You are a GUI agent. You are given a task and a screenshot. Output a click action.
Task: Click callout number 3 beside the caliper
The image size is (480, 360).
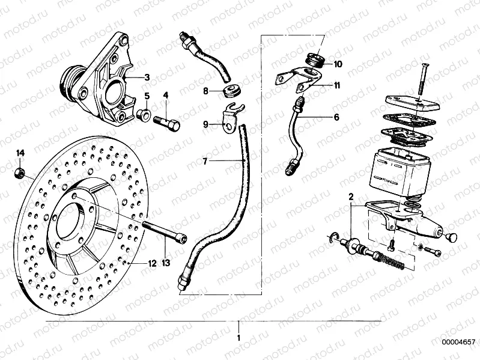pyautogui.click(x=147, y=78)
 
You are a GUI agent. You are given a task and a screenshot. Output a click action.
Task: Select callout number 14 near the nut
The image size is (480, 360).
pyautogui.click(x=20, y=153)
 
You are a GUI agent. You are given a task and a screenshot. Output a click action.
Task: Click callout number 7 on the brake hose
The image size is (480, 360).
pyautogui.click(x=205, y=162)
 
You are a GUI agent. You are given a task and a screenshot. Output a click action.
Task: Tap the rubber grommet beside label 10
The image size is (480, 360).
pyautogui.click(x=317, y=60)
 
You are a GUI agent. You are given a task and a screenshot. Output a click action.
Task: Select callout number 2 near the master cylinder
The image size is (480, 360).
pyautogui.click(x=351, y=195)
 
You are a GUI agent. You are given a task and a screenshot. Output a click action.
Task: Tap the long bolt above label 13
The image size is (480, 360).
pyautogui.click(x=165, y=232)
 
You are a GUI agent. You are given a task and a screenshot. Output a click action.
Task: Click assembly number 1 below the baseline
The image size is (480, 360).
pyautogui.click(x=239, y=338)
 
